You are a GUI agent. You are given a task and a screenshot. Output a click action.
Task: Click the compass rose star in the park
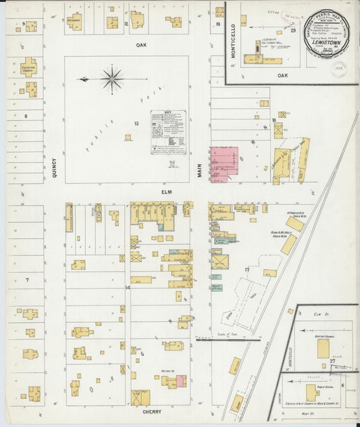[x=111, y=78]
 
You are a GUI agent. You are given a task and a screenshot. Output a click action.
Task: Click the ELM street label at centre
[x=166, y=193]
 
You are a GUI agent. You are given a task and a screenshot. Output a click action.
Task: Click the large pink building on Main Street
[x=224, y=164]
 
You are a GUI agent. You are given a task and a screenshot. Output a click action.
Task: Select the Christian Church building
[x=29, y=66]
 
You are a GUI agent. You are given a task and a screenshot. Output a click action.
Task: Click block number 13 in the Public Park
[x=136, y=124]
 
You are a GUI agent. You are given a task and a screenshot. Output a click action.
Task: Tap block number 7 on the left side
[x=27, y=279]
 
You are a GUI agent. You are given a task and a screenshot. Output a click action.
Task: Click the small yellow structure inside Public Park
[x=127, y=137]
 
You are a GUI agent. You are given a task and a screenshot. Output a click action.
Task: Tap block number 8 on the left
[x=26, y=116]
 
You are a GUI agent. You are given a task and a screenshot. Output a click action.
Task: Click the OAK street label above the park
[x=140, y=45]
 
